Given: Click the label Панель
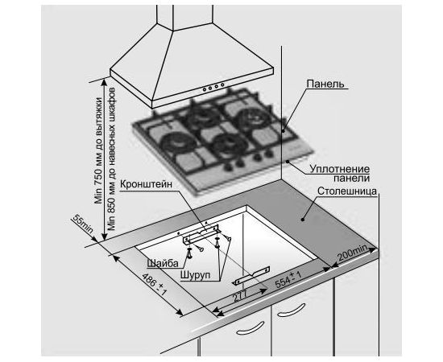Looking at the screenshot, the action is click(325, 84).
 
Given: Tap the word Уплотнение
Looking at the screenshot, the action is click(340, 169).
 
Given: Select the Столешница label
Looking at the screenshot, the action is click(347, 191).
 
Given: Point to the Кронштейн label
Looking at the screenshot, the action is click(146, 184).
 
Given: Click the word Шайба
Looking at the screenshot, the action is click(163, 263).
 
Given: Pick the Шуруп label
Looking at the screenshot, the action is click(195, 275).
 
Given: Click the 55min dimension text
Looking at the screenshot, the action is click(83, 224).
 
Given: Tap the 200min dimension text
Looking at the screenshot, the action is click(353, 253).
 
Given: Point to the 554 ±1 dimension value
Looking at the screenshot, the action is click(288, 279).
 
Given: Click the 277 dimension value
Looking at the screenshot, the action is click(240, 296).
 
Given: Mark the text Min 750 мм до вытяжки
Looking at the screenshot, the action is click(98, 150).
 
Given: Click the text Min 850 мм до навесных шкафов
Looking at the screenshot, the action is click(112, 158).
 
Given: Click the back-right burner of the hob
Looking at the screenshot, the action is click(250, 118).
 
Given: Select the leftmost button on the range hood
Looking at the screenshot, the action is click(205, 90).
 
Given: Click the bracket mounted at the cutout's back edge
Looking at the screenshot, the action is click(201, 234).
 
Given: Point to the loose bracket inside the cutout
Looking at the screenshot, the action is click(251, 275).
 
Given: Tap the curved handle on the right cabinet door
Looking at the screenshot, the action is click(292, 310).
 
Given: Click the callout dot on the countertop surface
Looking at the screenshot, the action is click(302, 219).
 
